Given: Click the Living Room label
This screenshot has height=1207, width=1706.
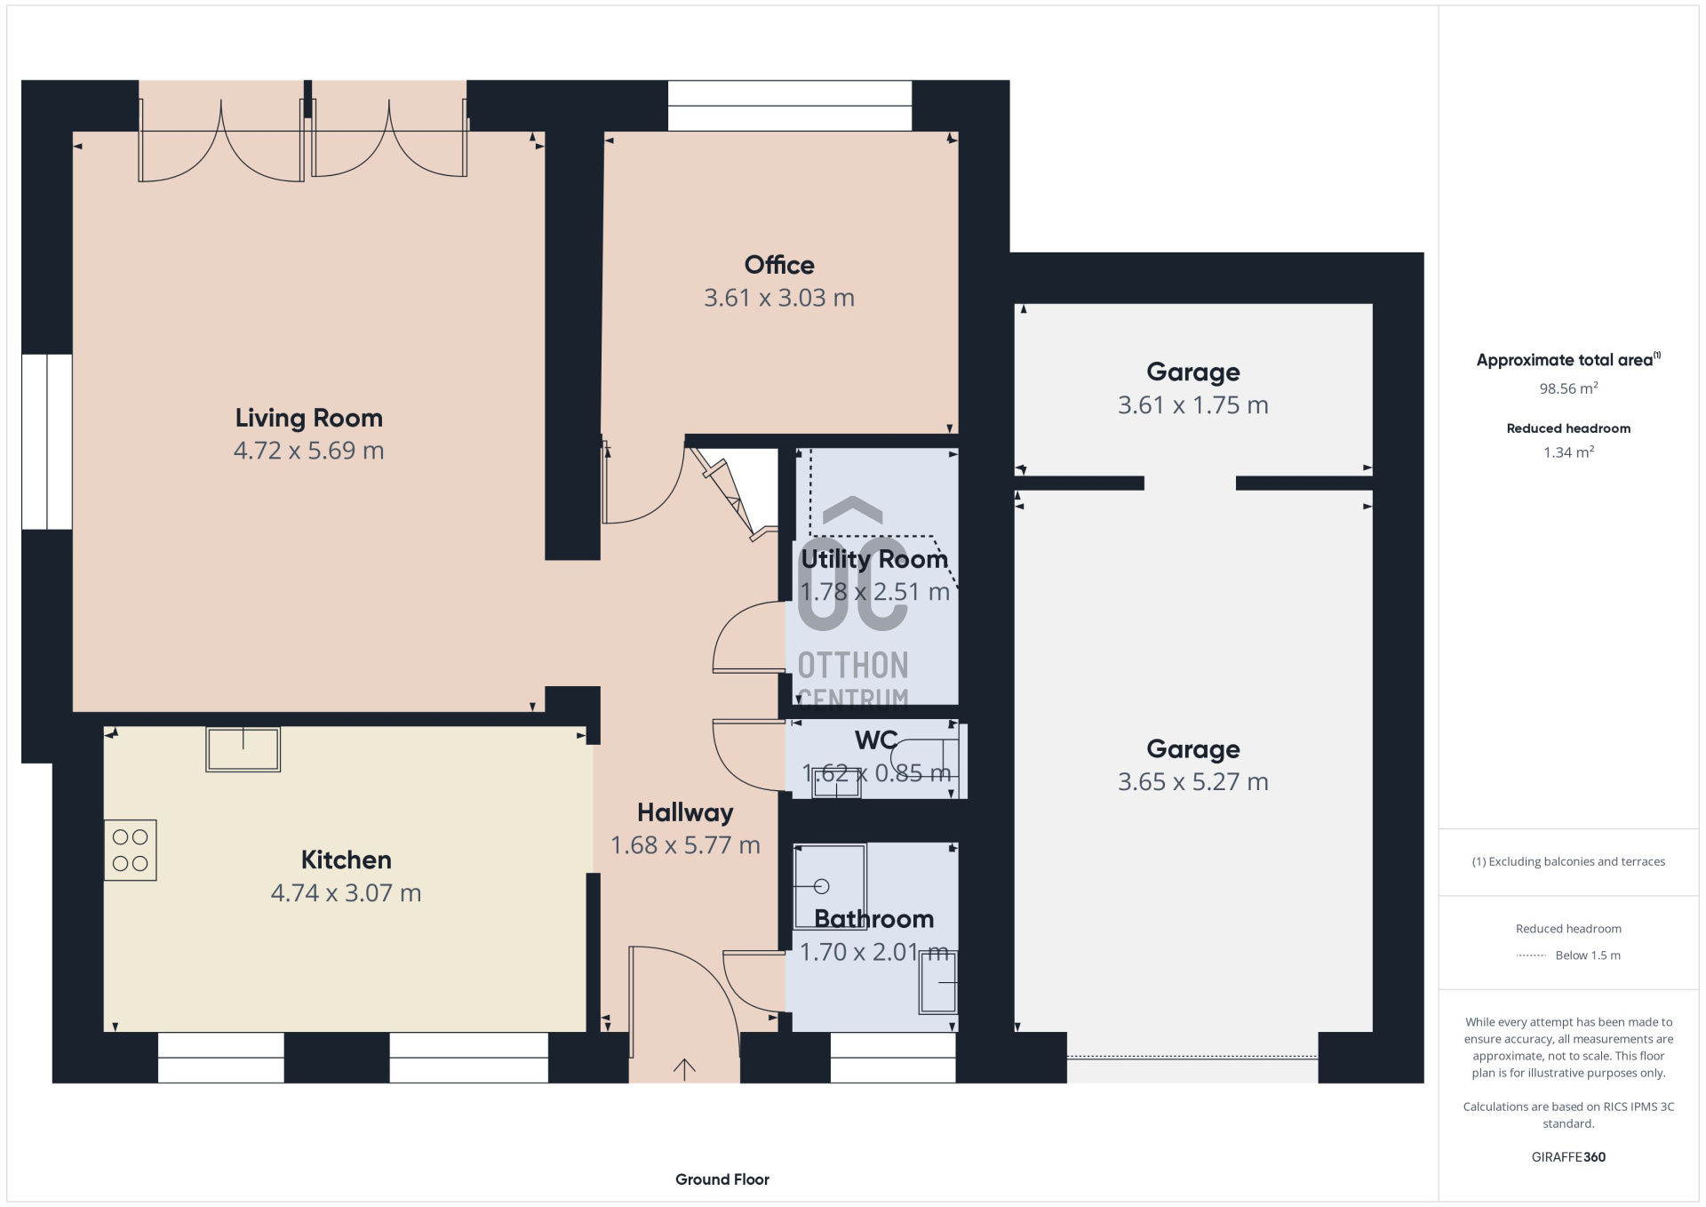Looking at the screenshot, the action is (x=308, y=418).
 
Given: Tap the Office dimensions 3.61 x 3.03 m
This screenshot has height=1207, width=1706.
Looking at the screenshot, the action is (x=779, y=298).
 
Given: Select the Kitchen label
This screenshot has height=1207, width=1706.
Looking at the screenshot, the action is (x=346, y=859).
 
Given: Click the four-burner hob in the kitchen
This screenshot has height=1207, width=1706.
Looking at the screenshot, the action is (x=131, y=851).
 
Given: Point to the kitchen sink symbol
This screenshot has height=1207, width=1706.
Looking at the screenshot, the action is (x=243, y=749).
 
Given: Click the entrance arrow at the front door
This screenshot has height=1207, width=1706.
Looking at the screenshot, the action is (x=684, y=1069).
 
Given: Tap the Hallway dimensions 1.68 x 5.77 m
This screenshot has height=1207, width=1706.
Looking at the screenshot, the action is (x=685, y=845).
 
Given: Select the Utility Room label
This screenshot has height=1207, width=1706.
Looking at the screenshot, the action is (x=874, y=559).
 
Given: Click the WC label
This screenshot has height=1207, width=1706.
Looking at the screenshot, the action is (x=876, y=739).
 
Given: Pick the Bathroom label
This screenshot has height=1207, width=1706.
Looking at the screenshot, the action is (x=874, y=918).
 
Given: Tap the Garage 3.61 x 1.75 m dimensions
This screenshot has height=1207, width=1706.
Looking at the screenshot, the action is (x=1193, y=405).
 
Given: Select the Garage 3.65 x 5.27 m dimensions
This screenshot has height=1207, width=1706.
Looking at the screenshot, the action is (x=1193, y=782).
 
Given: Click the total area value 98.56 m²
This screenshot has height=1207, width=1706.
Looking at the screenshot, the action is (x=1569, y=388).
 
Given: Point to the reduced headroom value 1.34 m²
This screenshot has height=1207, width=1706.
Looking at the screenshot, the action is (x=1569, y=452).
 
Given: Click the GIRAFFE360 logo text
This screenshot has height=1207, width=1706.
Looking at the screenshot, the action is (x=1569, y=1157).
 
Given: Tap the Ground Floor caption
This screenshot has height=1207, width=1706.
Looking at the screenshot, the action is (x=722, y=1179).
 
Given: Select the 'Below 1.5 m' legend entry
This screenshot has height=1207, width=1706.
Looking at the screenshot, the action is (x=1588, y=955).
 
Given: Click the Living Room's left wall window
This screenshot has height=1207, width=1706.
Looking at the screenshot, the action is (x=47, y=442).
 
